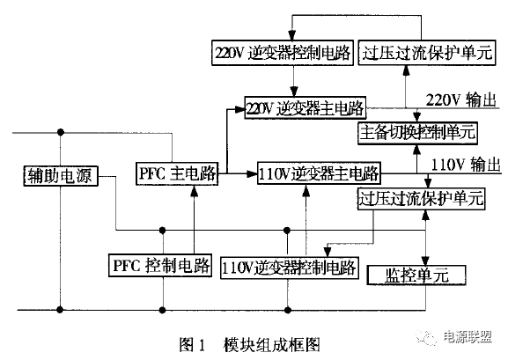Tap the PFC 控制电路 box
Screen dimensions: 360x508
(164, 263)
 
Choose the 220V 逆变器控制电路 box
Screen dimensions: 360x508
(283, 52)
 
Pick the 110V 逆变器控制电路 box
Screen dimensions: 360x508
(291, 266)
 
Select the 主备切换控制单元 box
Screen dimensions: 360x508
(418, 134)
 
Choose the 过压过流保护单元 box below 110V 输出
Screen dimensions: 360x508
(422, 197)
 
